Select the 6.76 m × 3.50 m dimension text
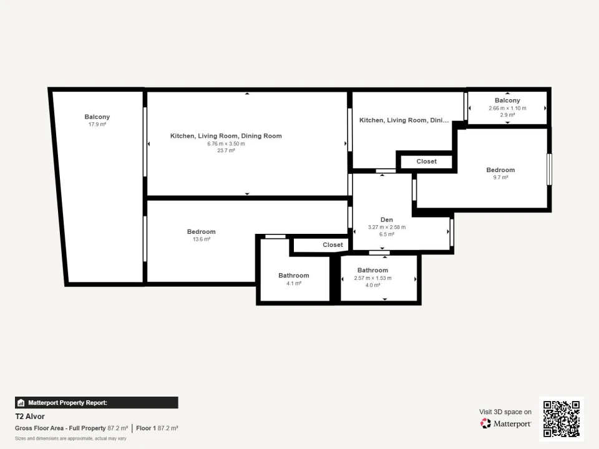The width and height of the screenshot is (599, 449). coord(226,143)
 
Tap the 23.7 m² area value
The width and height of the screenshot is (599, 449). coord(226,150)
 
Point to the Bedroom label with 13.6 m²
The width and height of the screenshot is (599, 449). coord(201,232)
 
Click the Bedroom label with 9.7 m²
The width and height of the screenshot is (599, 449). coord(500,170)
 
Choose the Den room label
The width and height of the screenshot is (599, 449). coord(386,220)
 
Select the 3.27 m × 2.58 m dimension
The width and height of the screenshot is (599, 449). coord(386,227)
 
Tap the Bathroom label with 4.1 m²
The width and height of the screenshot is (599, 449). coord(293,276)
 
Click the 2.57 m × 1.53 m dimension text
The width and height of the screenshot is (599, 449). coord(373,278)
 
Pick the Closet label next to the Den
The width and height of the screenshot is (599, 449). coord(333,245)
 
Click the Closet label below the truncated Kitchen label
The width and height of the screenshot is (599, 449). coord(426,162)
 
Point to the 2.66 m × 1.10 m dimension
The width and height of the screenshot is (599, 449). coord(507,108)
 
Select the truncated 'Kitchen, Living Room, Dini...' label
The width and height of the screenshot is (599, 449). coord(404,120)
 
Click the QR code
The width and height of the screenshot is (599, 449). coord(562,418)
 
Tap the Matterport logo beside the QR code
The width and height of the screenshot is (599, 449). coord(505,423)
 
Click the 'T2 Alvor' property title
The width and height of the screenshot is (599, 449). coord(30,417)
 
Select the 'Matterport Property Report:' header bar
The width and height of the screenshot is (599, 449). coord(96,403)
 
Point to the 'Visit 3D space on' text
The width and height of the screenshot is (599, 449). coord(505,412)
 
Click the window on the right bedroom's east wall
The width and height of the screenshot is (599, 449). coord(549,169)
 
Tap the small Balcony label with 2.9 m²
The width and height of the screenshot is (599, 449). coord(507,100)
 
